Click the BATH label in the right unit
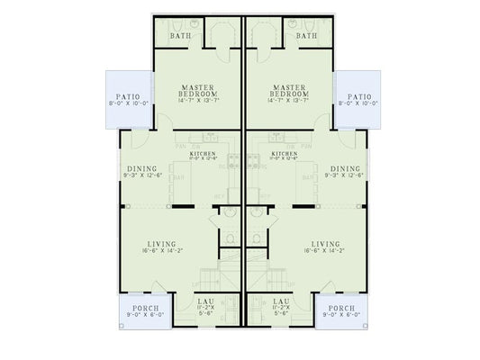(x=306, y=36)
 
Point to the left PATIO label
(x=126, y=96)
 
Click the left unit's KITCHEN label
(x=202, y=155)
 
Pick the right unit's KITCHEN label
(x=285, y=155)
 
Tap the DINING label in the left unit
(x=140, y=168)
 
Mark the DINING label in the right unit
(x=345, y=168)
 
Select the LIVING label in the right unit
(x=324, y=244)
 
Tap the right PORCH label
(x=340, y=308)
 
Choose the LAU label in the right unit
(x=279, y=301)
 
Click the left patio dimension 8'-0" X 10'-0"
(x=126, y=103)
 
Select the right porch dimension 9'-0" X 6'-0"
(x=340, y=315)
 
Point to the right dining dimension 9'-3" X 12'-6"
(x=345, y=175)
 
